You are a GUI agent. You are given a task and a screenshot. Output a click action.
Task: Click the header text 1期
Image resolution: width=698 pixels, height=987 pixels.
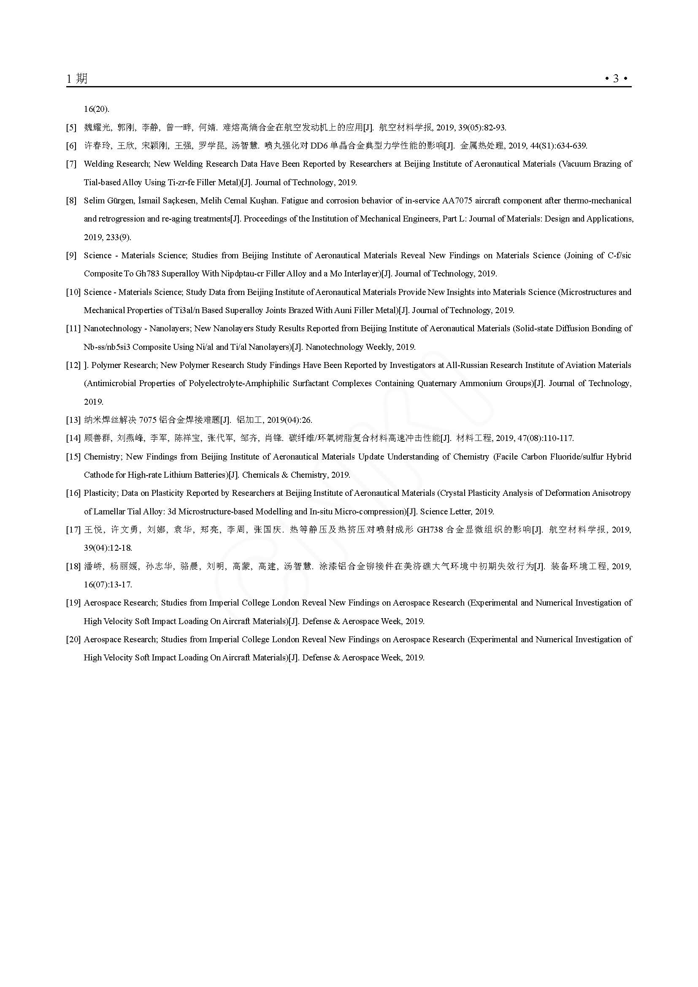(77, 78)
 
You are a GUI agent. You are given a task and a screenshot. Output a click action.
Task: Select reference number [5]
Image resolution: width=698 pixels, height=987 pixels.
(71, 128)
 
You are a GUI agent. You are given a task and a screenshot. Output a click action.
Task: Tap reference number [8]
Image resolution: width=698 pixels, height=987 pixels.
(71, 201)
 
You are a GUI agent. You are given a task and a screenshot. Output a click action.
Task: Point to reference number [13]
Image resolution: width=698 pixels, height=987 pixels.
(73, 420)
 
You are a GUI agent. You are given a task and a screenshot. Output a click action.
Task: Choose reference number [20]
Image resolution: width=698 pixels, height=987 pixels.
(73, 639)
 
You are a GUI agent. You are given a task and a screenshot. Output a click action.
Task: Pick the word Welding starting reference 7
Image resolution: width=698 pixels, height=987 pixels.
(98, 164)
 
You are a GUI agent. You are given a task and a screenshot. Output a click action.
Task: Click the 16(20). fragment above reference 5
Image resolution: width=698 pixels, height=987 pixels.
(96, 109)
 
